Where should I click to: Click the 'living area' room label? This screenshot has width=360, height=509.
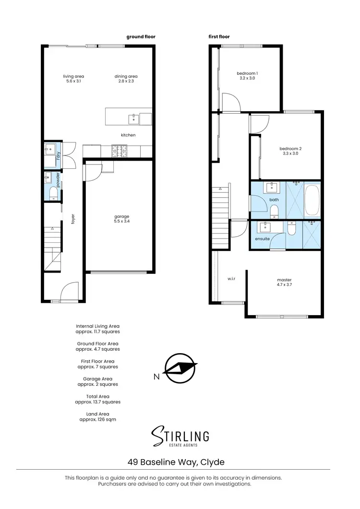point(73,76)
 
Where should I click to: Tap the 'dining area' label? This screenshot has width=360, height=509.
point(126,76)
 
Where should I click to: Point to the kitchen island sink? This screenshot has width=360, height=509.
point(133,118)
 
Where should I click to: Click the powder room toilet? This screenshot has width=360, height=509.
point(53,193)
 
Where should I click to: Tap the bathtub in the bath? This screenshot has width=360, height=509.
point(312,200)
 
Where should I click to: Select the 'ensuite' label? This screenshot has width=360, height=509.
point(262,238)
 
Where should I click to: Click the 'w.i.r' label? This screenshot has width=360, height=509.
point(232,278)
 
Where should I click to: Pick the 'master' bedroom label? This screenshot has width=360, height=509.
point(284,280)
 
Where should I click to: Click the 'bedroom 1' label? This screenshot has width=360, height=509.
point(247,73)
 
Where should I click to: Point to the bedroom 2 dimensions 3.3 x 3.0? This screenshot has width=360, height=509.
point(290,154)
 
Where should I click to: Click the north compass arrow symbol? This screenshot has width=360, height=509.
point(180,367)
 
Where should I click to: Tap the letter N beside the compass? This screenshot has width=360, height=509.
point(156,377)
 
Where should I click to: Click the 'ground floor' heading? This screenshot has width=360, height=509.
point(141,36)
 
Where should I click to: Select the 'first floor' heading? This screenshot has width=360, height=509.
point(219,36)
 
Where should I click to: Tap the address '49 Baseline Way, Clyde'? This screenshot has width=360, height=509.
point(176,462)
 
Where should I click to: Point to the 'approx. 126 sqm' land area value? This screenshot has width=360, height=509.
point(97,419)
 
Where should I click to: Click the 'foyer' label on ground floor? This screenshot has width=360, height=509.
point(73,219)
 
